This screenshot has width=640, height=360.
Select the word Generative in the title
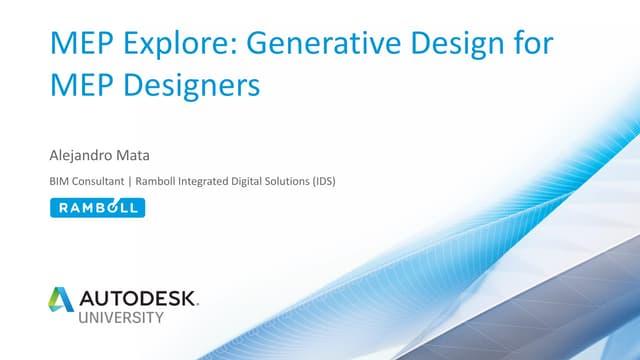click(324, 42)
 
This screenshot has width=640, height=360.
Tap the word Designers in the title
click(191, 86)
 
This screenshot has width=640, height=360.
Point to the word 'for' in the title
click(533, 42)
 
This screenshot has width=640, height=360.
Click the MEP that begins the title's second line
click(82, 85)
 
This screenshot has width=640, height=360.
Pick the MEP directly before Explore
click(82, 42)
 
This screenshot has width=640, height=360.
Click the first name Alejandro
click(81, 156)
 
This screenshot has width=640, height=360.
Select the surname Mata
click(133, 155)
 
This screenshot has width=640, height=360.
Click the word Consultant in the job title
click(98, 181)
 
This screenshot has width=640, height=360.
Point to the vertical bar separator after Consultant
click(130, 182)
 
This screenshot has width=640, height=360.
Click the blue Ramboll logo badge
click(98, 208)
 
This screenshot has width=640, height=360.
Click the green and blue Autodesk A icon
click(61, 299)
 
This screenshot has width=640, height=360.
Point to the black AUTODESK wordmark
click(138, 298)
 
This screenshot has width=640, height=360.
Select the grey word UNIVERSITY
click(121, 318)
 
